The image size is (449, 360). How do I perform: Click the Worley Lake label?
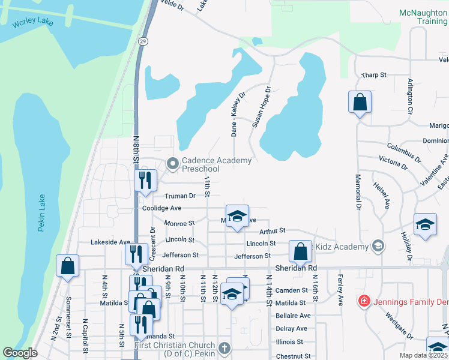click(x=33, y=23)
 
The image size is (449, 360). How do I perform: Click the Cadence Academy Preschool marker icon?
click(x=173, y=163)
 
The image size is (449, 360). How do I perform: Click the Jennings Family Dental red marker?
click(x=364, y=300)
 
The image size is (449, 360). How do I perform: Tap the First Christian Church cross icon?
click(x=224, y=348)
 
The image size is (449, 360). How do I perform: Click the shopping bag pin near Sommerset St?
click(x=67, y=266)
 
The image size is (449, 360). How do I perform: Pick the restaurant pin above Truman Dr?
click(x=145, y=180)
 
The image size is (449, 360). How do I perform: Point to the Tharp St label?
click(x=373, y=75)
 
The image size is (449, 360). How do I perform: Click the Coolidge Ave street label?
click(x=161, y=208)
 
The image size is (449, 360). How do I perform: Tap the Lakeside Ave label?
click(x=110, y=242)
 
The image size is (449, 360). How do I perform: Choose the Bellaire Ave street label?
click(x=293, y=316)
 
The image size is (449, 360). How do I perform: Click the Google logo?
click(x=20, y=353)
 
